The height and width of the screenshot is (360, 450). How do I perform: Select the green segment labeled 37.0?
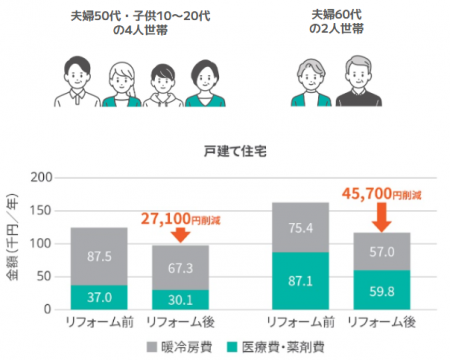coord(98,297)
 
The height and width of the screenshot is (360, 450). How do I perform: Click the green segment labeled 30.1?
coord(180,299)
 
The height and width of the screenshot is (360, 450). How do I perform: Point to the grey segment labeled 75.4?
coord(300,227)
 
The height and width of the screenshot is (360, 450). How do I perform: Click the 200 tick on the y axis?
coord(42,178)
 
